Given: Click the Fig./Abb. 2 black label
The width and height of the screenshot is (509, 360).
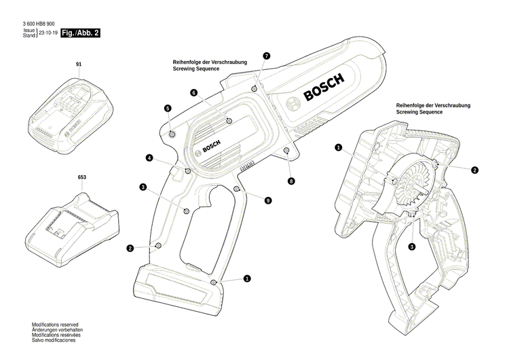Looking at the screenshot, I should (80, 33).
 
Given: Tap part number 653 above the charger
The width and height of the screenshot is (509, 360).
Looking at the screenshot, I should (82, 178).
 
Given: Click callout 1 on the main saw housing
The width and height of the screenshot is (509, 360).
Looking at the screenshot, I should (247, 278).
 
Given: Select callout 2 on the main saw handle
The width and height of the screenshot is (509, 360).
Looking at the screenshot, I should (130, 249).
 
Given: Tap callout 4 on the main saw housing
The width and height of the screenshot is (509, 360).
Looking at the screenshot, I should (149, 158).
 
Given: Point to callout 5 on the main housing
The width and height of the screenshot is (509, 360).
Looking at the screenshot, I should (167, 108).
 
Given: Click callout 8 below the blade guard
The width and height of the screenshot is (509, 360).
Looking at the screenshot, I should (291, 181).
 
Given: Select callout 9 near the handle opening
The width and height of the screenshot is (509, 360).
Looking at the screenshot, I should (268, 200).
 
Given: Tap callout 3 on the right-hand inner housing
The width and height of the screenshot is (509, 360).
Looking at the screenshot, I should (412, 247).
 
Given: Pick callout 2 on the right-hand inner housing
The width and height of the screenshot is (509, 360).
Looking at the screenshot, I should (474, 170).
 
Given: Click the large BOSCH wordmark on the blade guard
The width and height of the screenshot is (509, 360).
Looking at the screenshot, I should (324, 88).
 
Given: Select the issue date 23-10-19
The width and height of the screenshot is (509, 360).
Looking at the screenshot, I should (48, 33).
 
